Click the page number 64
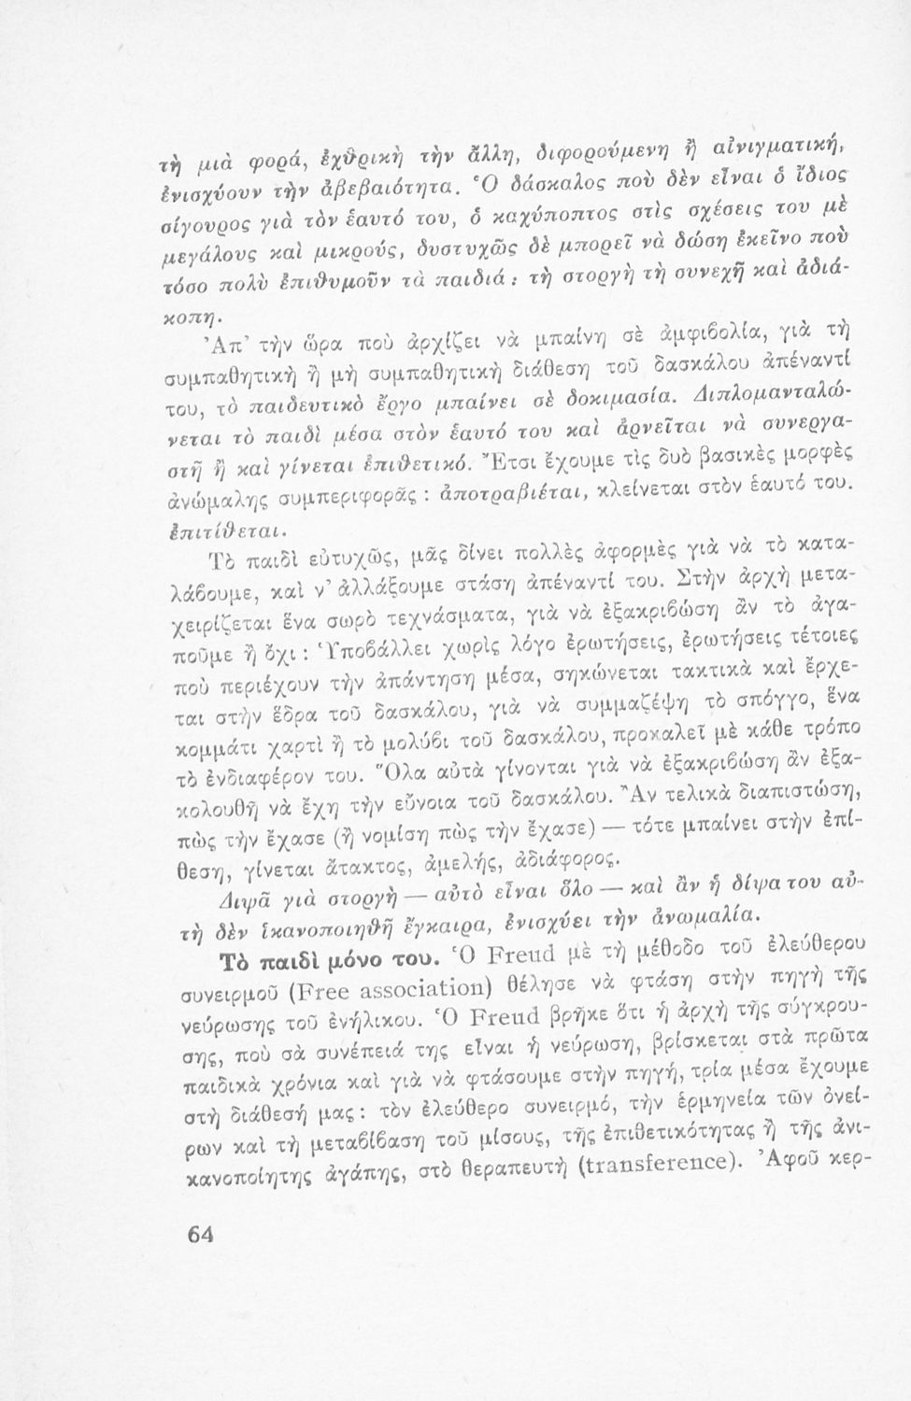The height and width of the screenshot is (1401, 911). (201, 1233)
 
